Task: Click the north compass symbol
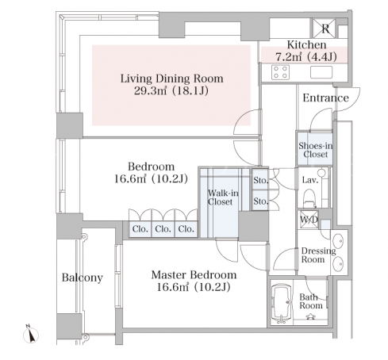[x=31, y=335]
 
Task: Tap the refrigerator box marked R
[x=324, y=28]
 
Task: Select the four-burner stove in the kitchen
[x=280, y=72]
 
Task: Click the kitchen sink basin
[x=321, y=72]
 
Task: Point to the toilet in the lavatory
[x=309, y=198]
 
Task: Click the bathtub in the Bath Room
[x=282, y=304]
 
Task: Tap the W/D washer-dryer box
[x=308, y=220]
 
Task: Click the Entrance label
[x=325, y=98]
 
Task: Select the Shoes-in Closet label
[x=315, y=150]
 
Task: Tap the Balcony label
[x=83, y=278]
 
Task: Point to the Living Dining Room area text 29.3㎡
[x=150, y=91]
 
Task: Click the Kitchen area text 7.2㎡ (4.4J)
[x=306, y=57]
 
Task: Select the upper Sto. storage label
[x=261, y=180]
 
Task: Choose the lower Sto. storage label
[x=261, y=201]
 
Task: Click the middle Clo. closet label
[x=163, y=229]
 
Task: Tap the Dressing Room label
[x=318, y=255]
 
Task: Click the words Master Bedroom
[x=194, y=275]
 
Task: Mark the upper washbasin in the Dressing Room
[x=338, y=241]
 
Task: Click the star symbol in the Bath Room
[x=310, y=316]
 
